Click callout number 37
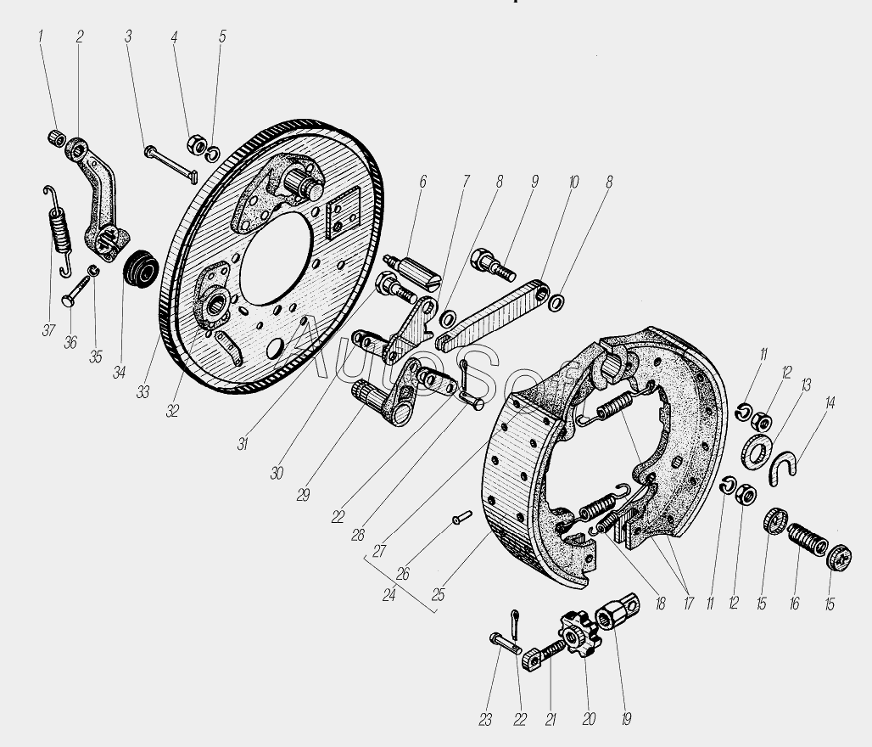tap(48, 330)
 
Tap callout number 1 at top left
tap(38, 37)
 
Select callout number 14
tap(830, 403)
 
